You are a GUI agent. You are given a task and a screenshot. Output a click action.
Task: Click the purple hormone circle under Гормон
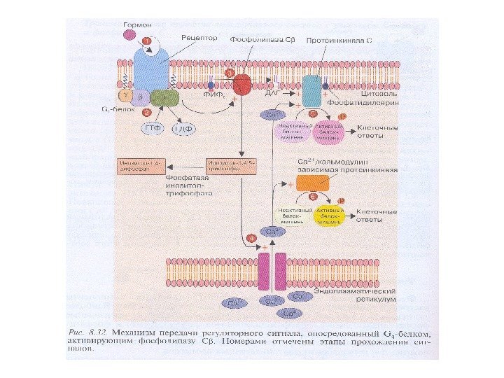129,33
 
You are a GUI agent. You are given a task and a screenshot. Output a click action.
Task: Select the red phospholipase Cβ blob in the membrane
242,85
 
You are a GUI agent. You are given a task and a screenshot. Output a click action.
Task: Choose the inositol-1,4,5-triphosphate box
227,167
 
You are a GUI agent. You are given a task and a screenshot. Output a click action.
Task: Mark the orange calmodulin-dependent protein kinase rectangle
312,183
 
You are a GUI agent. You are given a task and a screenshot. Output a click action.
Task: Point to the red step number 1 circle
147,41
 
